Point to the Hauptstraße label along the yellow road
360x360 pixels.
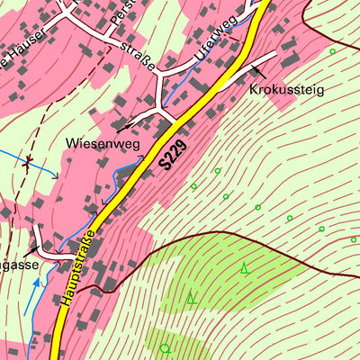click(x=80, y=268)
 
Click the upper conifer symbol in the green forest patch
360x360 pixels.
click(x=244, y=266)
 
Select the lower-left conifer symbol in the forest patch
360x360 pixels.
click(x=191, y=297)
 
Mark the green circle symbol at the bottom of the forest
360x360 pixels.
click(x=165, y=347)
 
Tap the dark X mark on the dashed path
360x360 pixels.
click(x=29, y=165)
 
